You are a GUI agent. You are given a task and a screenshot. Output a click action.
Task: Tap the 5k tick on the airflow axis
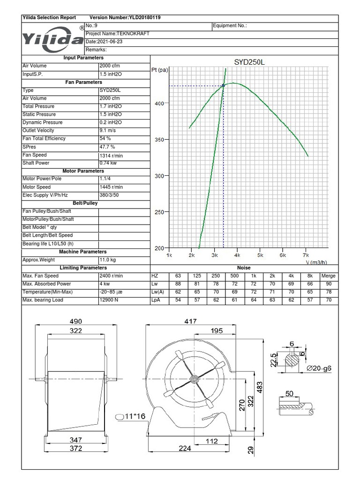[x=260, y=255]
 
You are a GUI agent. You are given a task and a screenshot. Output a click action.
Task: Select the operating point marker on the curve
[x=223, y=85]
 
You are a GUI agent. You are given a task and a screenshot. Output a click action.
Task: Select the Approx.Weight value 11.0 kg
[x=108, y=260]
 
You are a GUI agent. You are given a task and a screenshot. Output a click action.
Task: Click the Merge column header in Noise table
[x=328, y=276]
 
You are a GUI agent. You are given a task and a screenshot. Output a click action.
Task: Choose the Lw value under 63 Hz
[x=178, y=284]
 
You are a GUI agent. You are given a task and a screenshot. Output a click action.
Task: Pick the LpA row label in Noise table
[x=156, y=300]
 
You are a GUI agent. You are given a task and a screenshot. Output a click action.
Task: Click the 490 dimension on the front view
[x=76, y=322]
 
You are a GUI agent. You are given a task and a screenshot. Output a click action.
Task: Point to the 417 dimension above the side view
[x=190, y=322]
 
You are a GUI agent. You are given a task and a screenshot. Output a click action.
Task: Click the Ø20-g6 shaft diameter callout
[x=320, y=368]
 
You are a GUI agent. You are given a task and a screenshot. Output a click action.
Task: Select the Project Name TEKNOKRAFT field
[x=118, y=34]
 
